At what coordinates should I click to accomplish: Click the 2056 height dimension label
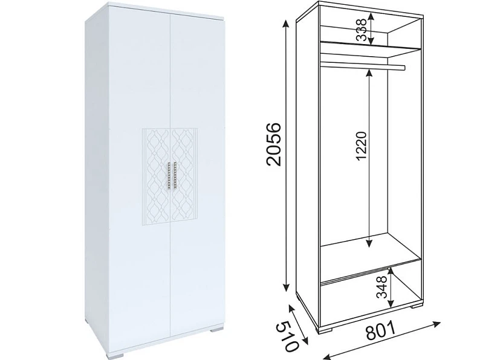click(274, 144)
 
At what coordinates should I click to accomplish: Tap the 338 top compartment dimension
click(362, 30)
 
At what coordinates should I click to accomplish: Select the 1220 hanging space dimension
click(362, 146)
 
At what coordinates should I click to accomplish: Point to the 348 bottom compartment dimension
click(381, 287)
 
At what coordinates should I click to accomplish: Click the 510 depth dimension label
click(287, 336)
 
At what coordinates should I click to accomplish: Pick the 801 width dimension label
click(381, 330)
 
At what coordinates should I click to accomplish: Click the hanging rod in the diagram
click(363, 66)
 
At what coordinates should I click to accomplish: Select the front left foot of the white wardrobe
click(115, 355)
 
